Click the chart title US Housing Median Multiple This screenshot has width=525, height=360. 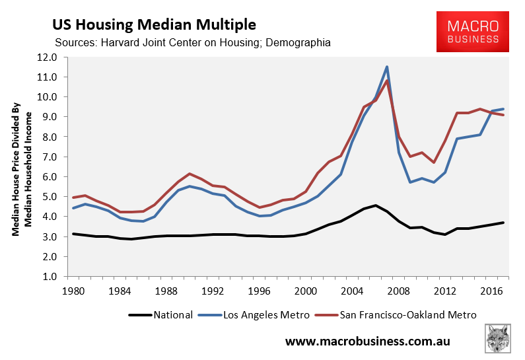point(154,24)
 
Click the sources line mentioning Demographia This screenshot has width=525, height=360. point(193,43)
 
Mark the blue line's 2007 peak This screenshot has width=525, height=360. point(387,67)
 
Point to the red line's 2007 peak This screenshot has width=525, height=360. point(387,81)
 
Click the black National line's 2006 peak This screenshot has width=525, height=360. point(375,205)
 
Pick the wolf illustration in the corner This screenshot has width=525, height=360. point(500,338)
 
